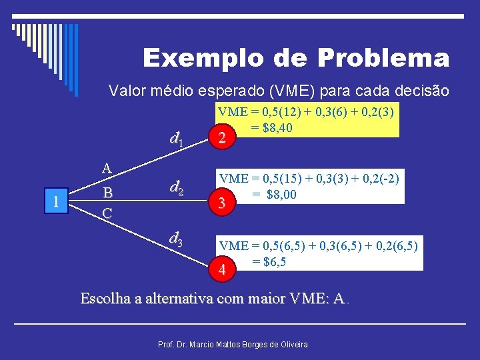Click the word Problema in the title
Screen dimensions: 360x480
383,59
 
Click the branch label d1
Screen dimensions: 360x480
177,139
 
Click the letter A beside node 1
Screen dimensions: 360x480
106,169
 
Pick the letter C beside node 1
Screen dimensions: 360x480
106,214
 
